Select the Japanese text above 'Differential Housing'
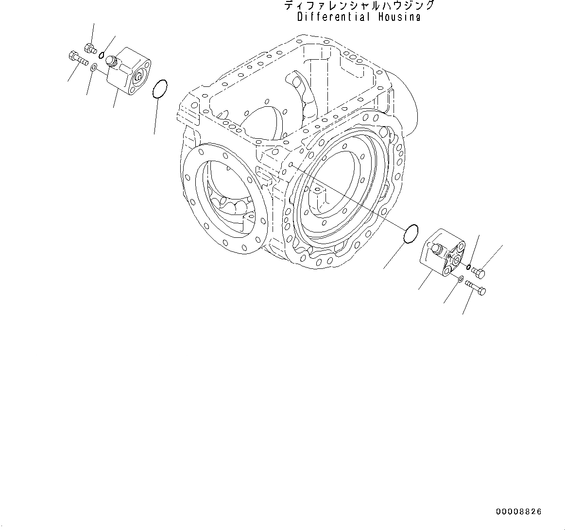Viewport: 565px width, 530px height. pos(359,6)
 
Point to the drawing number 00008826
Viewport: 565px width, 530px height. pos(518,512)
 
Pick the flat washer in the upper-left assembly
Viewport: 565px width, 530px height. pos(94,66)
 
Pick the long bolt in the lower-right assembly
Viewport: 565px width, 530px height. pos(476,288)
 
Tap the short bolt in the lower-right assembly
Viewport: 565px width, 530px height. pos(479,273)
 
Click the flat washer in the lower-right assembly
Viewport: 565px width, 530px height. pos(460,278)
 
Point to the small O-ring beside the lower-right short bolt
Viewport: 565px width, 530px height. pos(468,266)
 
